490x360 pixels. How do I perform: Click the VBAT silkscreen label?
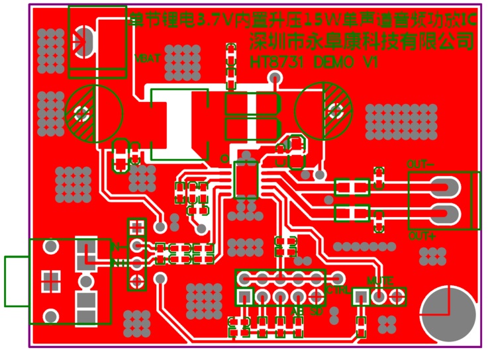point(147,58)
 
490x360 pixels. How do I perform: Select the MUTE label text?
point(379,281)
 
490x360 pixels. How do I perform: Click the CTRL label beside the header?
point(336,290)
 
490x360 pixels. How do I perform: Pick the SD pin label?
point(316,310)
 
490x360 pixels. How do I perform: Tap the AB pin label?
point(296,310)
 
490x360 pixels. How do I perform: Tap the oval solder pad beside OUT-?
point(444,188)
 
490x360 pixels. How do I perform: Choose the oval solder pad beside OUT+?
point(444,214)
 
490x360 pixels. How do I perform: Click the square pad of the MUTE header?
point(361,296)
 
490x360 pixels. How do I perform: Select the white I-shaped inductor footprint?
point(178,124)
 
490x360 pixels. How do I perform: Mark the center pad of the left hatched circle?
point(83,114)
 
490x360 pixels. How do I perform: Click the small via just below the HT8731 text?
point(276,78)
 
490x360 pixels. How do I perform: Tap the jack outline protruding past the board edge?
point(16,281)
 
